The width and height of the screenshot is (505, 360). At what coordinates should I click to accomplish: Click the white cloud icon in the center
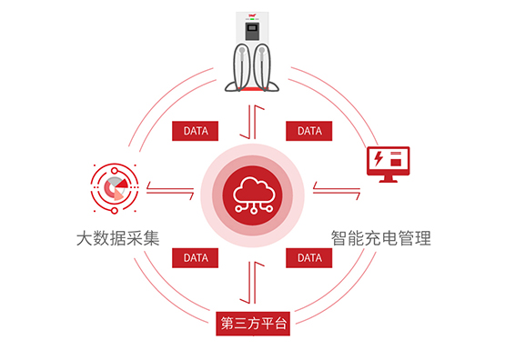pyautogui.click(x=252, y=193)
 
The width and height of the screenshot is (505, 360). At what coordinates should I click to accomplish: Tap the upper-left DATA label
pyautogui.click(x=196, y=131)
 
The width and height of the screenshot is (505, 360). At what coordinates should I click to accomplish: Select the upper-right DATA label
pyautogui.click(x=309, y=131)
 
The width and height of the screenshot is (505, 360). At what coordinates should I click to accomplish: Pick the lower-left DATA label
pyautogui.click(x=196, y=258)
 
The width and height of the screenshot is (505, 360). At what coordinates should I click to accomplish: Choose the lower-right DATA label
pyautogui.click(x=309, y=258)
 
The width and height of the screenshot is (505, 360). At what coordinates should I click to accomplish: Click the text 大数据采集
pyautogui.click(x=118, y=240)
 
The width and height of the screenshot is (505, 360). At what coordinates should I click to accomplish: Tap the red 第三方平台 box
pyautogui.click(x=253, y=324)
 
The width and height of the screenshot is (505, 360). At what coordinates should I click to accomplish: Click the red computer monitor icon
pyautogui.click(x=386, y=164)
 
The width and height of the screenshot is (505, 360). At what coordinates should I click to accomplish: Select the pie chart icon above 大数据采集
pyautogui.click(x=114, y=187)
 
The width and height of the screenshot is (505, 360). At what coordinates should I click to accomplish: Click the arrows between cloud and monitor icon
pyautogui.click(x=327, y=188)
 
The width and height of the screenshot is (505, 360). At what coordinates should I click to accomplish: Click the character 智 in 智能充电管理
pyautogui.click(x=338, y=240)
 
